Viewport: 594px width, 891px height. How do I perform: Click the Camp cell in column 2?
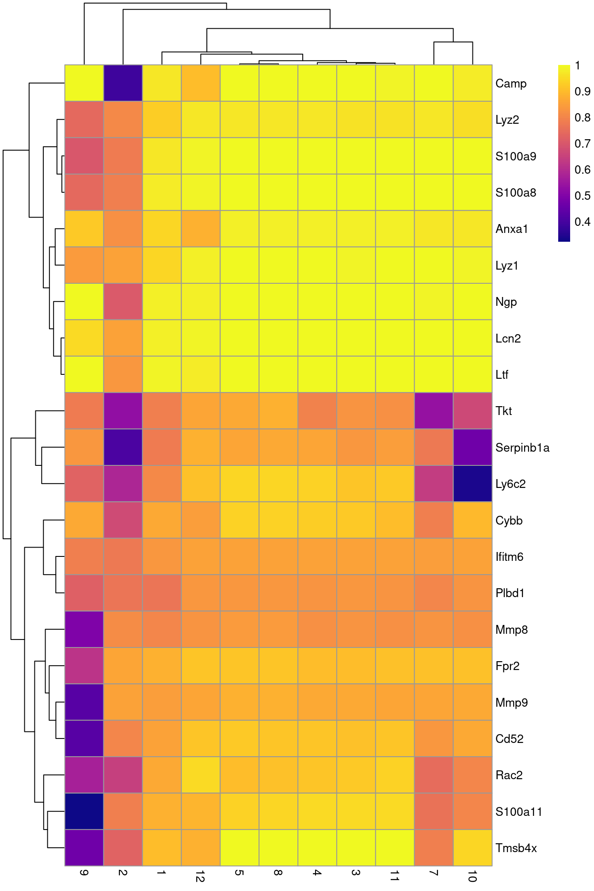click(x=123, y=83)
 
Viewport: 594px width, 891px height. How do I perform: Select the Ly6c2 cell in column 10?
click(x=472, y=484)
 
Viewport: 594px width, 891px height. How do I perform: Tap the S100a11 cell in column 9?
click(x=84, y=811)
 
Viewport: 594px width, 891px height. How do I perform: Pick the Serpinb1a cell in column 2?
click(x=123, y=447)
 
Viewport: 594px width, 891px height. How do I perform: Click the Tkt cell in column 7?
click(x=434, y=411)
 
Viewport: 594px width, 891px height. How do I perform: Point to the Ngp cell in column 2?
click(x=123, y=301)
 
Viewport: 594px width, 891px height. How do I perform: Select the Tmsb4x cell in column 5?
click(x=240, y=848)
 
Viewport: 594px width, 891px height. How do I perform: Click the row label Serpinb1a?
click(x=522, y=448)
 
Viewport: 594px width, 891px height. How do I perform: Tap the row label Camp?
click(x=510, y=84)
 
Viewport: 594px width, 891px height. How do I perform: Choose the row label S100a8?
click(x=515, y=193)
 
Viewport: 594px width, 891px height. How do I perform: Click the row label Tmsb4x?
click(x=516, y=848)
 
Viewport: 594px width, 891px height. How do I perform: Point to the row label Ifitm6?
click(x=509, y=557)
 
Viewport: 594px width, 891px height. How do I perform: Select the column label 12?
click(x=200, y=876)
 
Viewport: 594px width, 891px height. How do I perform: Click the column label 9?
click(x=84, y=873)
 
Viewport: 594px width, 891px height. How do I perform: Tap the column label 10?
click(x=472, y=876)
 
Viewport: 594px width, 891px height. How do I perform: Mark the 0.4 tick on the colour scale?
click(x=582, y=222)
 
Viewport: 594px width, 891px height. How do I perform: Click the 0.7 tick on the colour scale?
click(x=582, y=144)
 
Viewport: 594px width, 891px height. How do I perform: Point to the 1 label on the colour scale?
click(x=578, y=65)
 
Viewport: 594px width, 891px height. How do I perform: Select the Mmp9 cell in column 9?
click(x=84, y=702)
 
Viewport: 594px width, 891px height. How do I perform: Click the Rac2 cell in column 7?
click(x=434, y=775)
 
